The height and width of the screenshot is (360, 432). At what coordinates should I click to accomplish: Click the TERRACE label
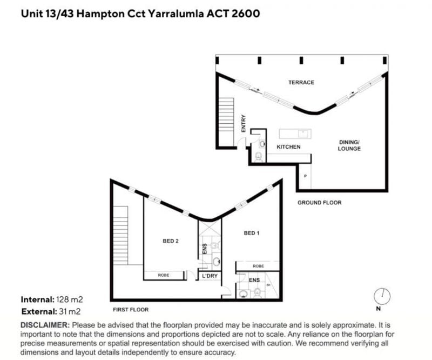pyautogui.click(x=301, y=83)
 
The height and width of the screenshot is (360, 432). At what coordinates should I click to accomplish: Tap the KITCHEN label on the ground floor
pyautogui.click(x=288, y=147)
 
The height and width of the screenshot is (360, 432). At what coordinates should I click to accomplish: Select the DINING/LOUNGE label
pyautogui.click(x=349, y=145)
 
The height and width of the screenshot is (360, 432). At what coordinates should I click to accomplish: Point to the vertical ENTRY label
pyautogui.click(x=244, y=123)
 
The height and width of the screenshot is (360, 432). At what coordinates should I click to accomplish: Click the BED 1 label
pyautogui.click(x=252, y=233)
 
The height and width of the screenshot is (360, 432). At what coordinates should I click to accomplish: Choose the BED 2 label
pyautogui.click(x=171, y=241)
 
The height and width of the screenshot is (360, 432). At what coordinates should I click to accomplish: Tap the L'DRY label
pyautogui.click(x=210, y=276)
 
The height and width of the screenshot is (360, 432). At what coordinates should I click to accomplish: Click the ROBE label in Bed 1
pyautogui.click(x=258, y=266)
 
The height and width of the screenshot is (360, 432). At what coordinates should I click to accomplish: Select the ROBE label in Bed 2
pyautogui.click(x=164, y=275)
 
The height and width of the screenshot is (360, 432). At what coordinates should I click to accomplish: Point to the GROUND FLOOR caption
pyautogui.click(x=320, y=203)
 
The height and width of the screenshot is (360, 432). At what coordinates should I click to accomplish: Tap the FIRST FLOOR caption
pyautogui.click(x=131, y=310)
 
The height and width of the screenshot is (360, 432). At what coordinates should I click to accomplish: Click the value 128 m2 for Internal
pyautogui.click(x=70, y=299)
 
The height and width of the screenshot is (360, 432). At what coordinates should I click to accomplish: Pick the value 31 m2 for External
pyautogui.click(x=70, y=311)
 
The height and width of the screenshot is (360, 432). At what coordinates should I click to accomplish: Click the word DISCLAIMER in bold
pyautogui.click(x=45, y=325)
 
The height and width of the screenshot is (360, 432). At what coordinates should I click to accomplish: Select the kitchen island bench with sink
pyautogui.click(x=295, y=134)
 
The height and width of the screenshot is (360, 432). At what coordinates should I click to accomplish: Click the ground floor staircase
pyautogui.click(x=227, y=123)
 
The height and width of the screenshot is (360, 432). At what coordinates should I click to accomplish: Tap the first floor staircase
pyautogui.click(x=120, y=235)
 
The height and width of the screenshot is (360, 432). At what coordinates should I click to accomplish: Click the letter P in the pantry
pyautogui.click(x=305, y=176)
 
